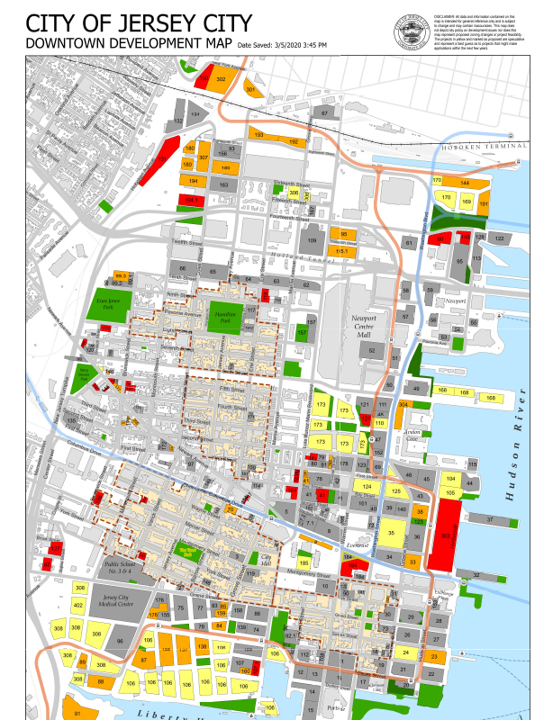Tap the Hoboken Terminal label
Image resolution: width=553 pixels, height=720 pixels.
pos(493,146)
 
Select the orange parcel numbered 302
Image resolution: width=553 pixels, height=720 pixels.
pos(221,80)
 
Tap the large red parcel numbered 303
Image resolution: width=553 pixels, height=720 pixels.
pos(445,535)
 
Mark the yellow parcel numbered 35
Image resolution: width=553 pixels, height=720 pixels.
pos(392,533)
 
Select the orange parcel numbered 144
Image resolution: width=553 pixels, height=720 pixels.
pos(466,183)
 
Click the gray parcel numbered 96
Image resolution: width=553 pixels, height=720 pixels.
pos(122,642)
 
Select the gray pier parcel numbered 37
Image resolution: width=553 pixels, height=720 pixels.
pos(489,520)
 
